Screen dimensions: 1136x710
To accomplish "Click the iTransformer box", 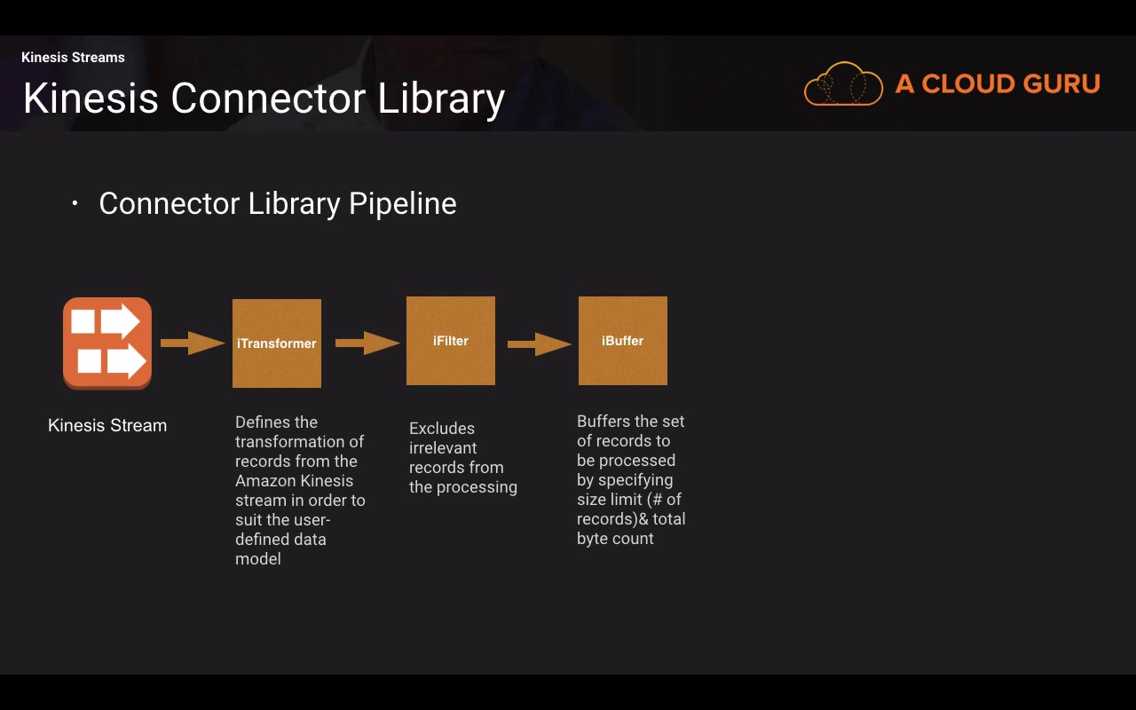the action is point(277,343).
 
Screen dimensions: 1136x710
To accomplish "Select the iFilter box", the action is point(451,341).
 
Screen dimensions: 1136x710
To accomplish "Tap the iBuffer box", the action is point(623,341).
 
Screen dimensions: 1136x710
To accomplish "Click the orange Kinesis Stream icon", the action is point(107,343).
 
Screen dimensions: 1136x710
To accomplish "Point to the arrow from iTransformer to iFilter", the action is point(367,343).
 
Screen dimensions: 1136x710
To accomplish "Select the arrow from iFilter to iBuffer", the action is point(540,343).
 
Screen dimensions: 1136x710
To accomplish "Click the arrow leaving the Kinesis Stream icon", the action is point(193,343).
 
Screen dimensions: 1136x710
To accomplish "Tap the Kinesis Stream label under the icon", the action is point(107,426).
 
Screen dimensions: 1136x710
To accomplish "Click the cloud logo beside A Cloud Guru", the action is point(843,84).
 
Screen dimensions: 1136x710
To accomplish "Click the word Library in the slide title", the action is point(441,99).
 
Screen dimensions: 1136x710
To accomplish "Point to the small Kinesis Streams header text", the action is point(73,58).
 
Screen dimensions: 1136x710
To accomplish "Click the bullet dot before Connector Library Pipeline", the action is point(75,204).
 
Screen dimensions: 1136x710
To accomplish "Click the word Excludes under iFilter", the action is point(442,429).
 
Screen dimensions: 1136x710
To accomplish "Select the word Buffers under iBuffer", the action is point(603,422).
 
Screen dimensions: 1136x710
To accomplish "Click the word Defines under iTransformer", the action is point(264,422).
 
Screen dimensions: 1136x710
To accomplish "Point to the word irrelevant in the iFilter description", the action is point(443,448).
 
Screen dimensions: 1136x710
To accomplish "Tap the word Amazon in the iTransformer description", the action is point(263,481).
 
